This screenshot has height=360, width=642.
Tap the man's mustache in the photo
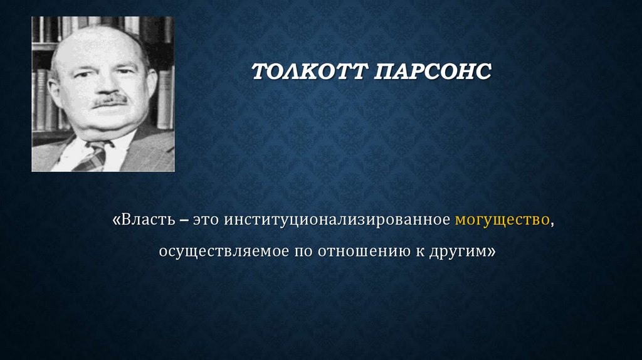[110, 99]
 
